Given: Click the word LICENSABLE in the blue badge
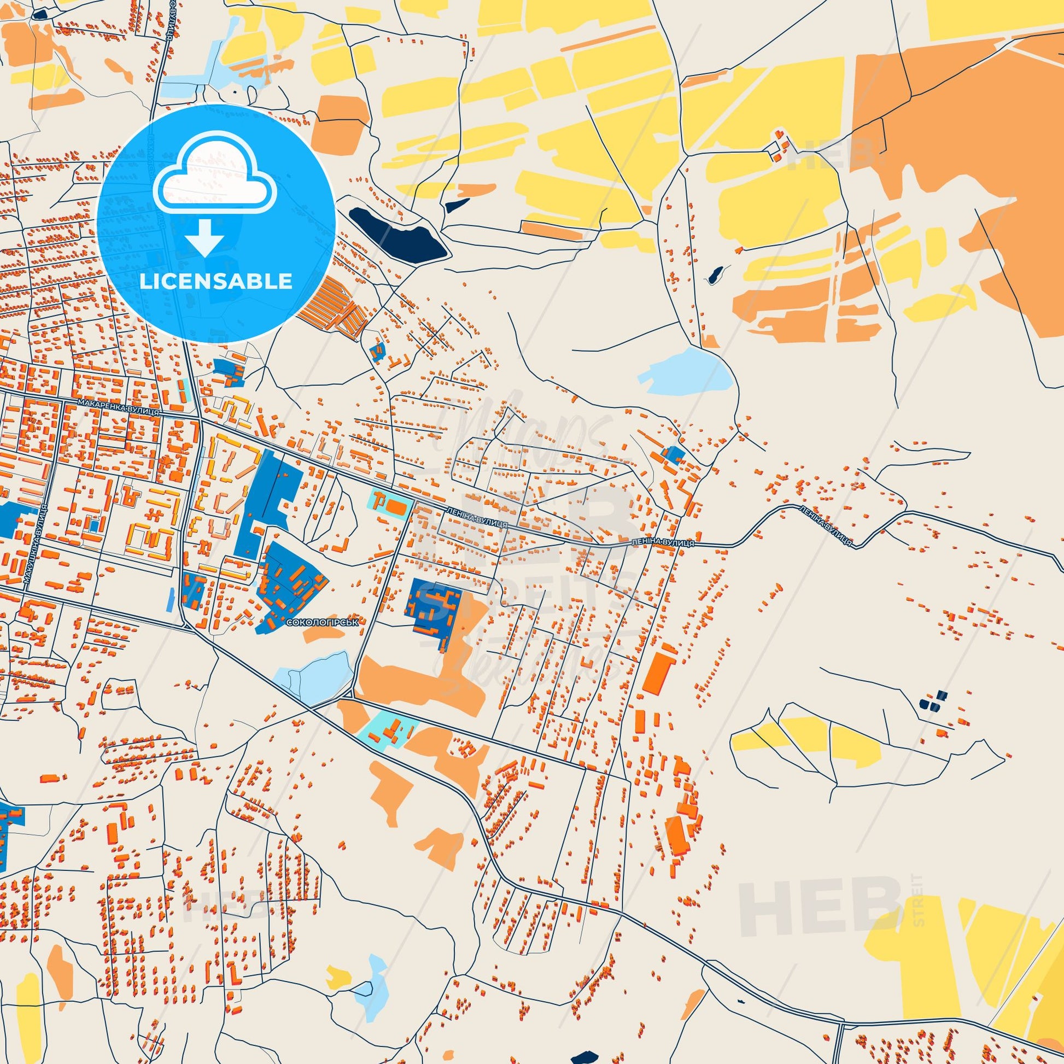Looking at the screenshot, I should (215, 282).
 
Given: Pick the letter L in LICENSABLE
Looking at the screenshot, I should (144, 282).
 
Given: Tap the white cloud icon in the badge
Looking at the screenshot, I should (215, 175).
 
